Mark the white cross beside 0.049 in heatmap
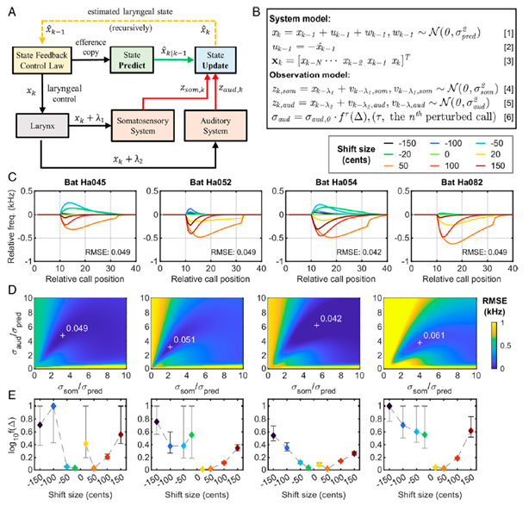[62, 335]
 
